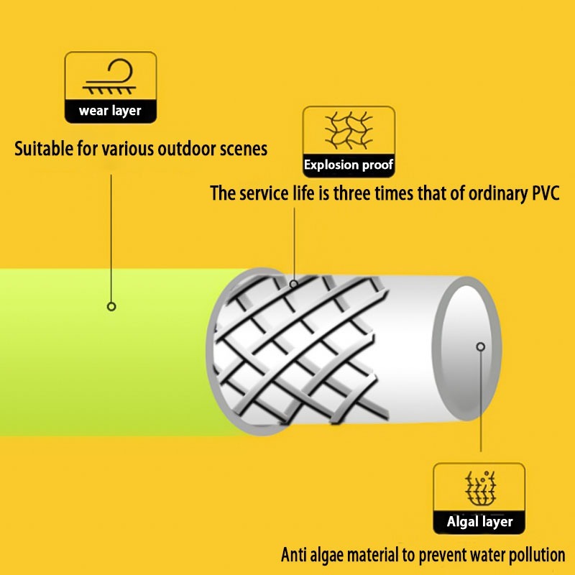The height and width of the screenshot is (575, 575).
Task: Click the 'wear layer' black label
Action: click(x=110, y=111)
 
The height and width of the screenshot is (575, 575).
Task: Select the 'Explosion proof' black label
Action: click(x=349, y=165)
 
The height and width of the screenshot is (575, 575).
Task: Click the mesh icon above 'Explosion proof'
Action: click(x=349, y=129)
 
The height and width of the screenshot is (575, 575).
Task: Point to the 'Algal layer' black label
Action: click(x=479, y=522)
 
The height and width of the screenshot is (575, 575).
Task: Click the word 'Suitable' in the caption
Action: click(x=44, y=149)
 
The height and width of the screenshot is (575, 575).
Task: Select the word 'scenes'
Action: click(x=242, y=149)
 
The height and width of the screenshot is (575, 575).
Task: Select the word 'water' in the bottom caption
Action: click(x=474, y=555)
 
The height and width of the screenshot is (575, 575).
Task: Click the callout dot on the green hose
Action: click(x=111, y=306)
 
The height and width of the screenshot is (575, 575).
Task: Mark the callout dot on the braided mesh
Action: click(x=294, y=284)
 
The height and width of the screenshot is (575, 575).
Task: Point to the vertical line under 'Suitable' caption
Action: click(x=111, y=230)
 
